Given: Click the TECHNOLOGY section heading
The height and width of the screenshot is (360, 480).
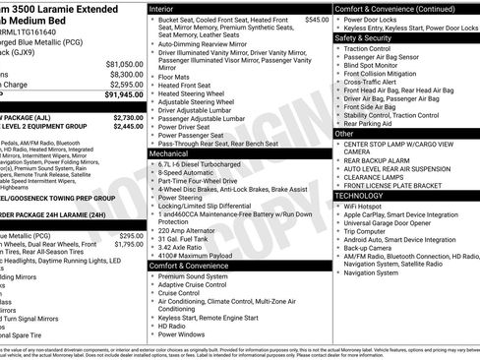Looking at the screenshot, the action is pyautogui.click(x=366, y=196).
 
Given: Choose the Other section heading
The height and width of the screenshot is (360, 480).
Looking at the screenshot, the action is pyautogui.click(x=345, y=133).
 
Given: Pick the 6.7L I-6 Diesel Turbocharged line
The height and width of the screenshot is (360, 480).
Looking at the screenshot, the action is pyautogui.click(x=208, y=163).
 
